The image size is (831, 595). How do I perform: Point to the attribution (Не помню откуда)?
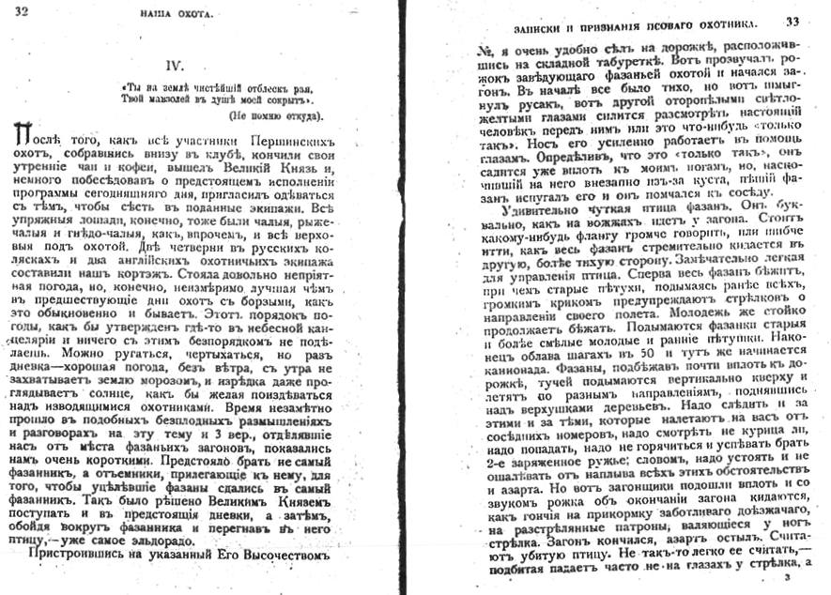click(x=275, y=114)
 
